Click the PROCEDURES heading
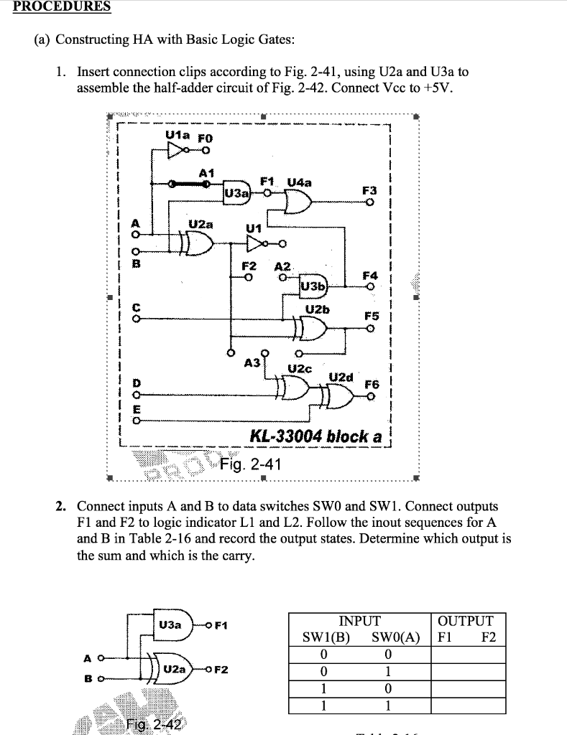coord(55,6)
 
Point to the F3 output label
coord(369,190)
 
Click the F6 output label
coord(371,384)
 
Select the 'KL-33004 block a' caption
coord(315,436)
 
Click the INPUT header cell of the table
coord(359,621)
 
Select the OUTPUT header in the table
coord(466,621)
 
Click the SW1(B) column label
coord(325,637)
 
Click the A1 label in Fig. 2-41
coord(207,173)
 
